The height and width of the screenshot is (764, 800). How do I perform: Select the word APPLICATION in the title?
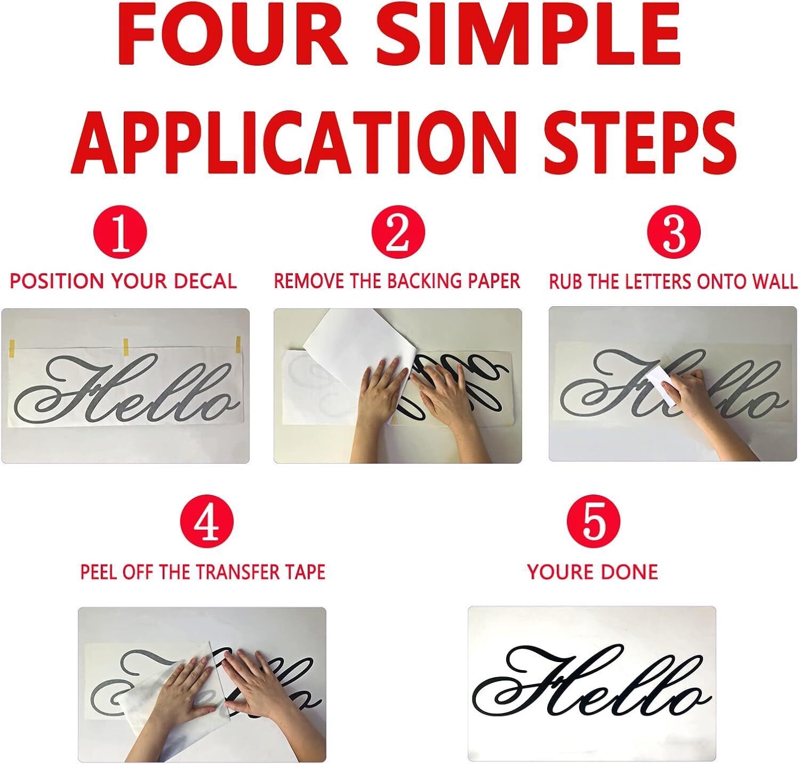point(294,138)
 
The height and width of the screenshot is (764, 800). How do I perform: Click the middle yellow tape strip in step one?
point(126,347)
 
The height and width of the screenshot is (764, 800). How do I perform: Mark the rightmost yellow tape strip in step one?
point(238,344)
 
